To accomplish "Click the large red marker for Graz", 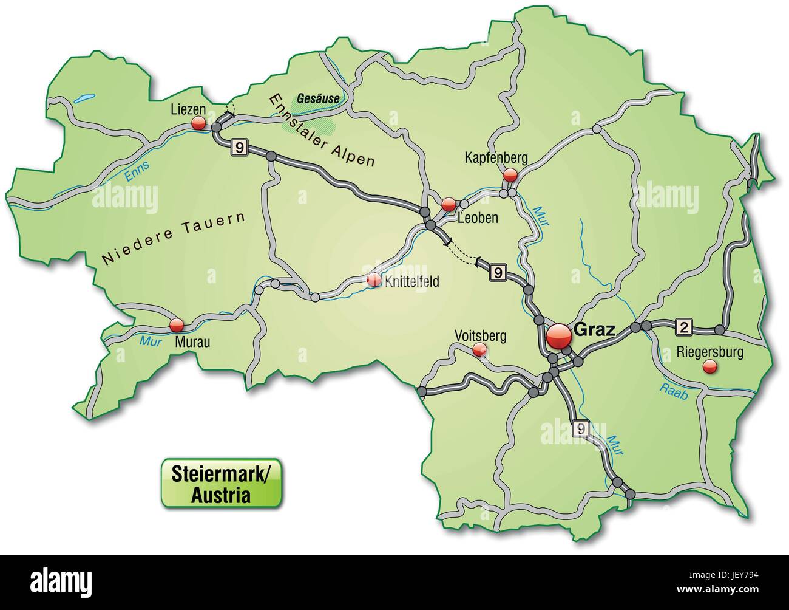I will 559,337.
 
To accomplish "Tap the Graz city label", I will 594,330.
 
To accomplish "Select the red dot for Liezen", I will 198,123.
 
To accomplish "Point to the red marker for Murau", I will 177,324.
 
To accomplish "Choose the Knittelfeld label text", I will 411,282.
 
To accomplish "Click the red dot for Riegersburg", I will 709,366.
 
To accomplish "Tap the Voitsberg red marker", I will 479,349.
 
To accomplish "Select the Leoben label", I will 478,218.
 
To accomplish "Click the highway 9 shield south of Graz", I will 581,429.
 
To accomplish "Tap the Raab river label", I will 674,391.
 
